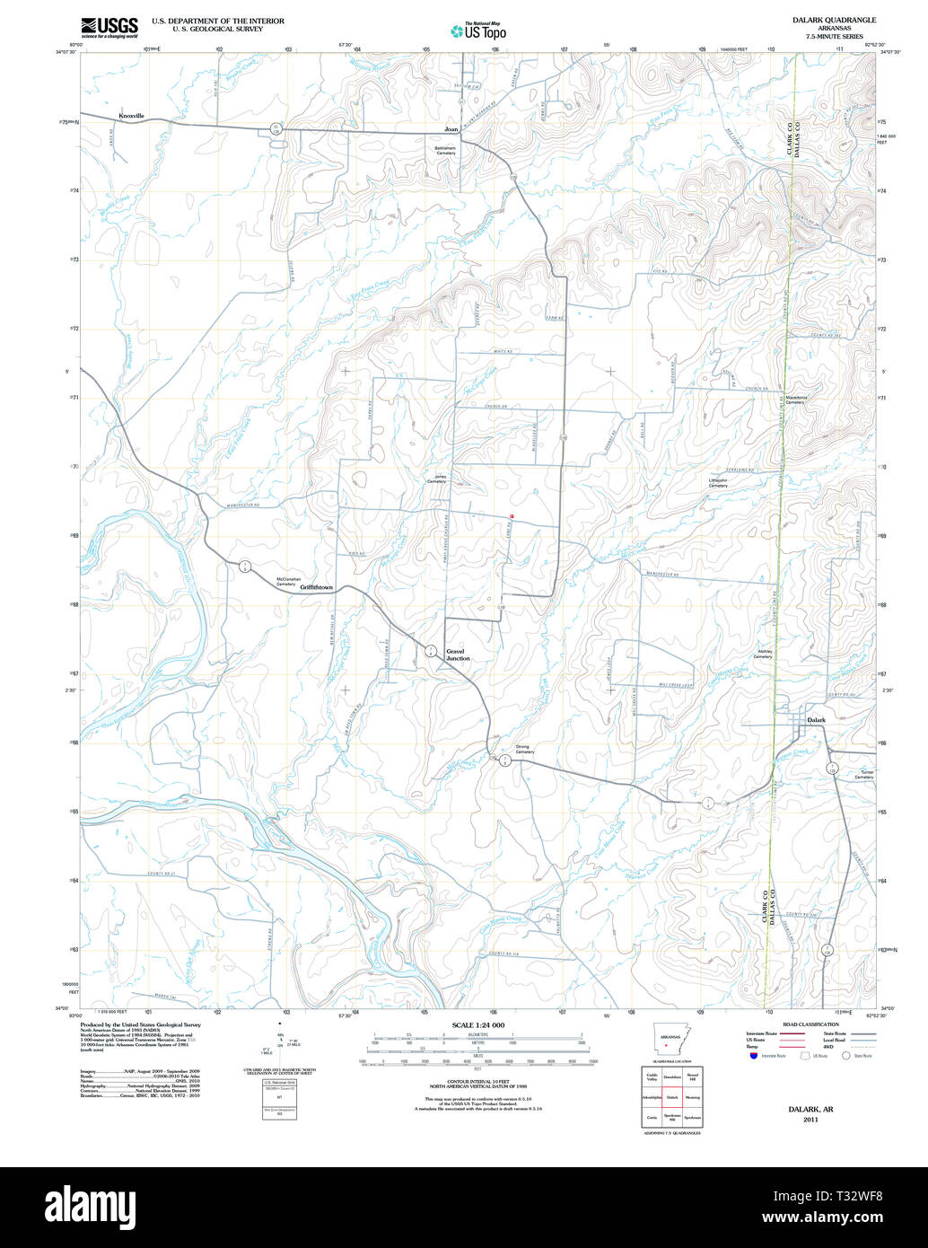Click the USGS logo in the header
[x=109, y=28]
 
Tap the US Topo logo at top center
[x=479, y=31]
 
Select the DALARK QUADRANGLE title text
[x=834, y=19]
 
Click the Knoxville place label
[x=131, y=116]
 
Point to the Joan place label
[x=451, y=129]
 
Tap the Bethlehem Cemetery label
[x=446, y=151]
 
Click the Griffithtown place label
[x=317, y=587]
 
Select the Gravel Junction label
[x=458, y=655]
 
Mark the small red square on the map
[x=512, y=516]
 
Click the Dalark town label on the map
[x=816, y=720]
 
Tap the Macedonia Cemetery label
[x=795, y=400]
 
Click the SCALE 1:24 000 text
[x=478, y=1024]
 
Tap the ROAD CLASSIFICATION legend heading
[x=810, y=1024]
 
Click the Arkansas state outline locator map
[x=672, y=1041]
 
